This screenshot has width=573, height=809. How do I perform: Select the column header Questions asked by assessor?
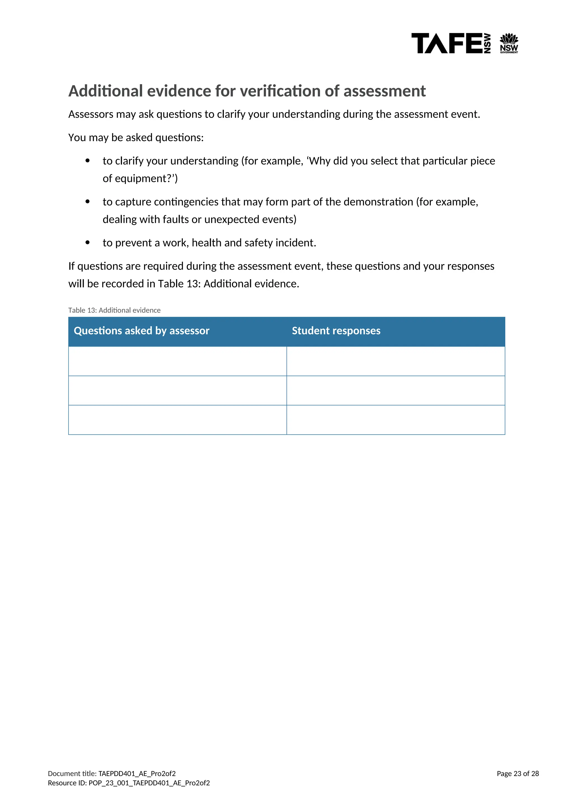(x=142, y=331)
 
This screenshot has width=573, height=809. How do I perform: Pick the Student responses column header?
(x=336, y=331)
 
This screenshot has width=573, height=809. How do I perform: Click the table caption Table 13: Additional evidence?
(x=114, y=310)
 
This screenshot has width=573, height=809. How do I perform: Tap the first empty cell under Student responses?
(x=396, y=361)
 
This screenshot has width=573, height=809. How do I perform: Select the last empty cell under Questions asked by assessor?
(x=177, y=420)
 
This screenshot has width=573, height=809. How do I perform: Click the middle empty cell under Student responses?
(x=396, y=391)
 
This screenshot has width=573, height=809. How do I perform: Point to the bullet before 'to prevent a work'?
(x=88, y=243)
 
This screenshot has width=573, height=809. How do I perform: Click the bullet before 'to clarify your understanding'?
(x=88, y=161)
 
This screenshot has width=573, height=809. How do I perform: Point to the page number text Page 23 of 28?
(x=518, y=774)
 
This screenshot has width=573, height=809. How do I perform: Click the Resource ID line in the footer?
(x=129, y=783)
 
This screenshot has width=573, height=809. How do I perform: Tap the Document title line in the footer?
(x=112, y=774)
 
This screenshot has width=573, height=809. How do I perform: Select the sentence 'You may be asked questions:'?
(x=136, y=137)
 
